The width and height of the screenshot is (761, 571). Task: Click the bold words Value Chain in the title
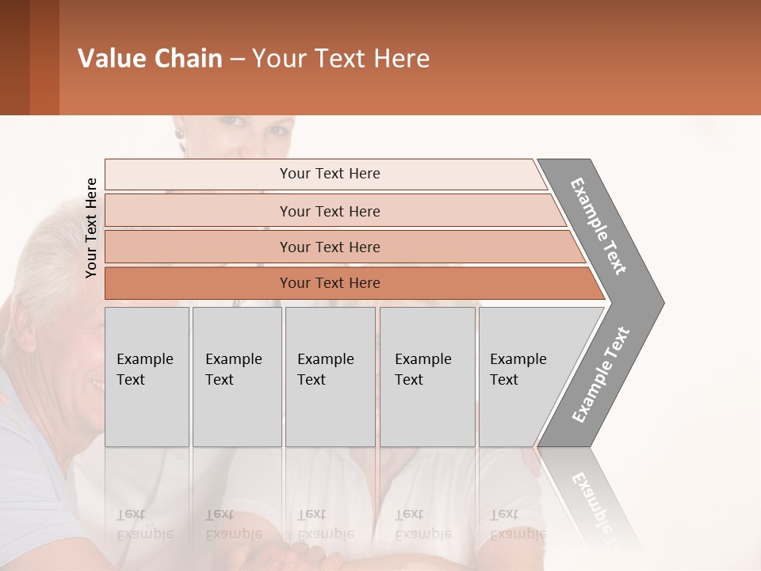(150, 59)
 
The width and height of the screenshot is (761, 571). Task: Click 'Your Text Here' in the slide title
(341, 59)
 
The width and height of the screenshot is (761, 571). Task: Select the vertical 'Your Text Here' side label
(91, 228)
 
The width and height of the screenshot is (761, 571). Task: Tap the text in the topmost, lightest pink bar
(330, 174)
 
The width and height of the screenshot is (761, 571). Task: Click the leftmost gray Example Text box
(147, 377)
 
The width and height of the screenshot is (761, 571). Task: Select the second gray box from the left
(236, 377)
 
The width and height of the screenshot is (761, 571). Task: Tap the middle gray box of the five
(330, 377)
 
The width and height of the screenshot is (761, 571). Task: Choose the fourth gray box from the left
(427, 377)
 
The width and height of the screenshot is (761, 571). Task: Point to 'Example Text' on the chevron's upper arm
(599, 225)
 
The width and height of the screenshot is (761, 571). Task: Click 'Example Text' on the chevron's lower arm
(601, 374)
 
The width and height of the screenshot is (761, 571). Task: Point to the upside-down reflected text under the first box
(145, 524)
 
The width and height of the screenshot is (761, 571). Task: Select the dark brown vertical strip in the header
(14, 57)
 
